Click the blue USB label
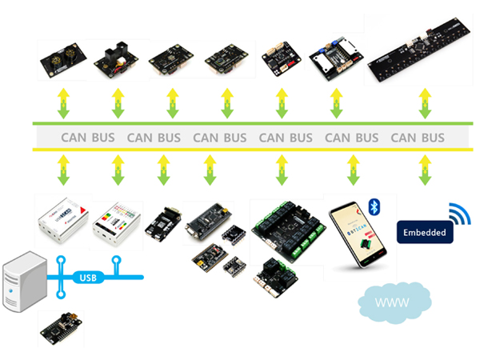click(89, 278)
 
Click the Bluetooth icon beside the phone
click(373, 208)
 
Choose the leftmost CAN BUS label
click(88, 138)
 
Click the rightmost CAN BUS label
click(418, 138)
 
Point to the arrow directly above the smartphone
click(353, 170)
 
